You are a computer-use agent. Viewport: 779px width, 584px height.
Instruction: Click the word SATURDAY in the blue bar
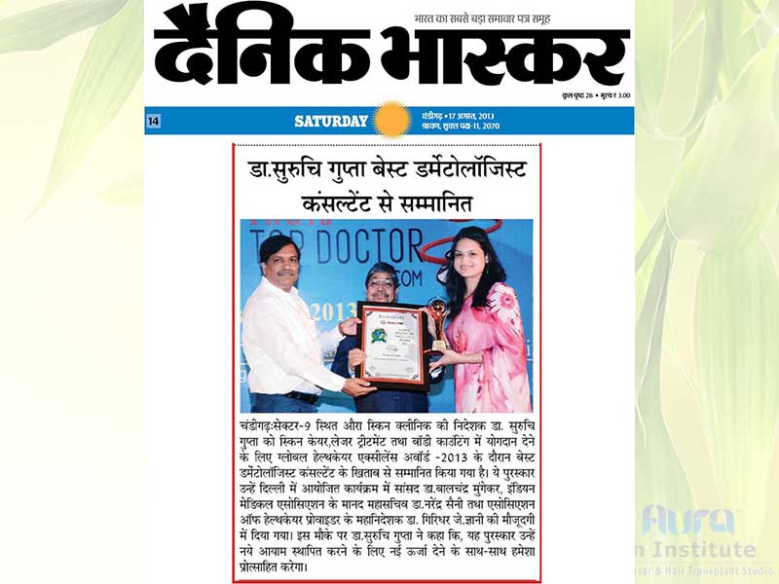click(331, 122)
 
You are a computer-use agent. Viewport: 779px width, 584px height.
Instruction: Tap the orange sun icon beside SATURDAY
click(392, 121)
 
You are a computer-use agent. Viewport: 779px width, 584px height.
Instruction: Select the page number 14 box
click(154, 121)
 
